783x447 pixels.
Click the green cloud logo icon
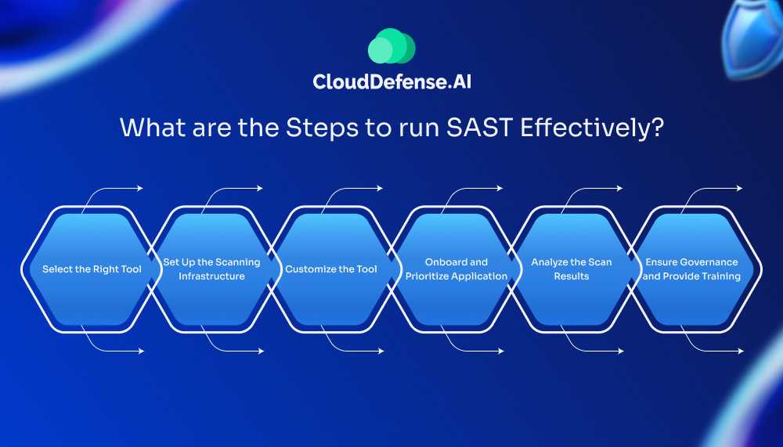click(x=391, y=46)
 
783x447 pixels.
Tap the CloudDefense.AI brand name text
click(x=392, y=81)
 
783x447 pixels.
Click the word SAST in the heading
click(x=479, y=128)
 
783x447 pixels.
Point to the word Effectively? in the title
click(x=592, y=128)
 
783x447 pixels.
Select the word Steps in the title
click(x=322, y=128)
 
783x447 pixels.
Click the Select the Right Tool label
click(x=92, y=269)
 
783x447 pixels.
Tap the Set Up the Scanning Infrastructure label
click(x=211, y=269)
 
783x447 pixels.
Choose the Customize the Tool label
click(x=331, y=269)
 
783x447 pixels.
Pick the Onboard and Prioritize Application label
click(x=456, y=269)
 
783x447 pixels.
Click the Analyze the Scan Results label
click(x=572, y=269)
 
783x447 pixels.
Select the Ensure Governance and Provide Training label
click(x=691, y=269)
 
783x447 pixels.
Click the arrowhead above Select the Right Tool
click(x=140, y=189)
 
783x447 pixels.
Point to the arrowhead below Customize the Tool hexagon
click(x=381, y=351)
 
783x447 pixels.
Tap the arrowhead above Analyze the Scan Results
click(x=620, y=189)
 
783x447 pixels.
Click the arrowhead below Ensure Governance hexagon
click(x=741, y=351)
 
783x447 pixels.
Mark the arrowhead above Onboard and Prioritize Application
click(x=500, y=189)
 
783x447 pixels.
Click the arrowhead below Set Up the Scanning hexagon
click(x=262, y=351)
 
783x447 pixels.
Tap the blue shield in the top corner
click(x=752, y=38)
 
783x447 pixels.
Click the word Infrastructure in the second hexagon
click(x=211, y=276)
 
